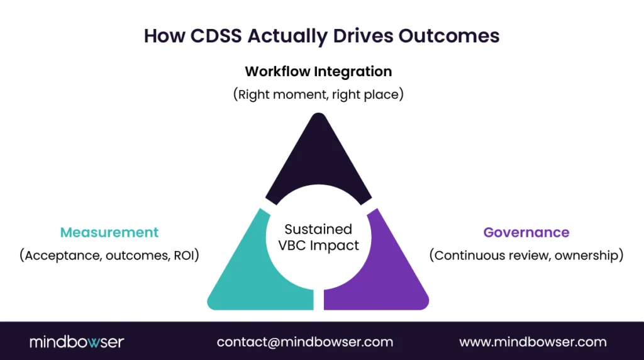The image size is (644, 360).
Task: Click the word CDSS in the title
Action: (x=216, y=36)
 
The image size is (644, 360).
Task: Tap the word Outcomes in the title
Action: (x=449, y=36)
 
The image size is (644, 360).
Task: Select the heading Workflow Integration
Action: (x=318, y=72)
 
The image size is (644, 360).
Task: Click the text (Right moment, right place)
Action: (x=318, y=94)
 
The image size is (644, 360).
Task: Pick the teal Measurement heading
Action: (x=109, y=232)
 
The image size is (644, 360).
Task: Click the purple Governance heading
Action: (x=526, y=232)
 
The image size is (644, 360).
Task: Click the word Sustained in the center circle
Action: (x=318, y=229)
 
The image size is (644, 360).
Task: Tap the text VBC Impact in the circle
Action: (x=318, y=245)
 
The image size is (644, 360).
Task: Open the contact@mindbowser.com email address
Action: (x=305, y=342)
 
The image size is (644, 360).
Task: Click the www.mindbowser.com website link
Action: (x=533, y=342)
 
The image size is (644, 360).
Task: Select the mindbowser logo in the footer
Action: (x=77, y=342)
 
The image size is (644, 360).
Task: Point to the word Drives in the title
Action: (x=363, y=36)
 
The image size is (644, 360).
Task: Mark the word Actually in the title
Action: (x=287, y=36)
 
